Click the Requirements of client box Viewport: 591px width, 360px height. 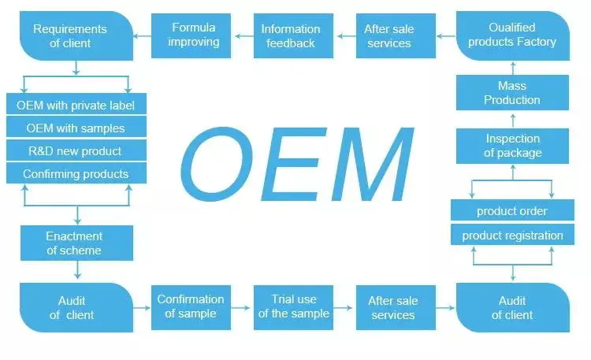pos(76,36)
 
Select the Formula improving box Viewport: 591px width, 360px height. pos(194,35)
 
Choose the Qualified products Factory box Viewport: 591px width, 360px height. pos(512,35)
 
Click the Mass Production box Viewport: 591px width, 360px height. pos(512,93)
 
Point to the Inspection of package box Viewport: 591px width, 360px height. pos(512,146)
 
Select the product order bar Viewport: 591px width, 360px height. pos(512,211)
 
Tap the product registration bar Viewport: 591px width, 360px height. pos(512,235)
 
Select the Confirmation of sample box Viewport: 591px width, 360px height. pos(191,306)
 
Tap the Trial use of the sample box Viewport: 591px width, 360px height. pos(293,306)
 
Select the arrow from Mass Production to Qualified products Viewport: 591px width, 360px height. pos(512,66)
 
